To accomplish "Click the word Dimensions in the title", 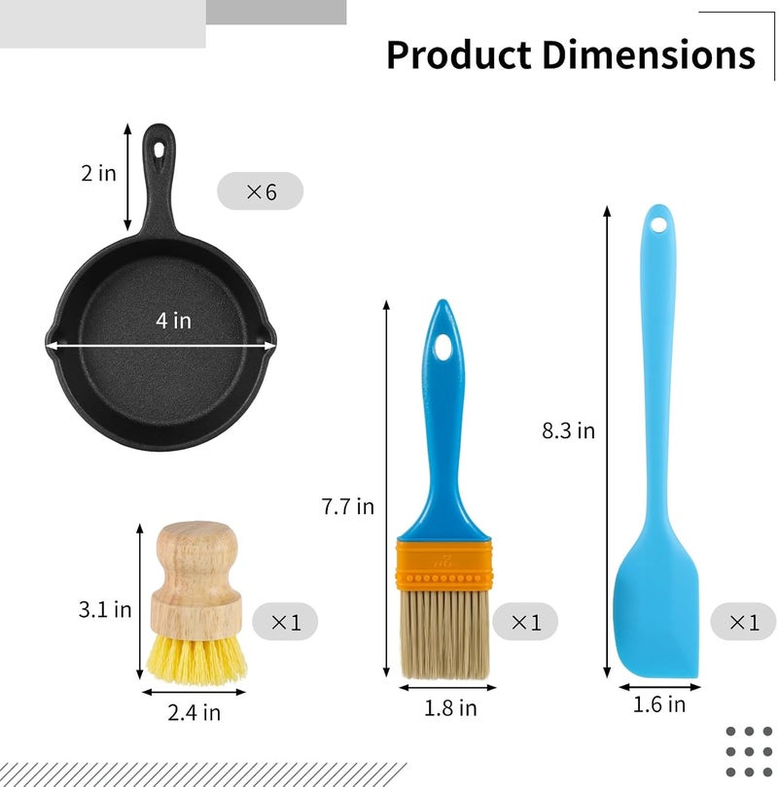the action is coord(649,54).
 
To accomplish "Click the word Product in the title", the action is coord(459,54).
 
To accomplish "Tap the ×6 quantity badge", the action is coord(261,191).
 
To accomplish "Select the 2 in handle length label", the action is coord(98,173).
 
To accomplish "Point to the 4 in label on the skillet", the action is coord(174,321).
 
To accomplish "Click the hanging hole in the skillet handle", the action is coord(159,150).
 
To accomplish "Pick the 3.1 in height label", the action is coord(105,609).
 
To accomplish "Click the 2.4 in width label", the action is coord(194,712).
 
